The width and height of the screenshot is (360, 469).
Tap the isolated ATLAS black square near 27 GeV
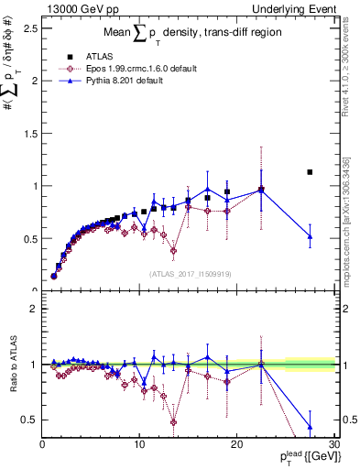(x=310, y=172)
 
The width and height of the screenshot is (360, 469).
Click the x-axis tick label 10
(x=139, y=444)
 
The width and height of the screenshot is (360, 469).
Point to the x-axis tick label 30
(x=333, y=444)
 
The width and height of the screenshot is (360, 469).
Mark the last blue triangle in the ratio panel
(x=310, y=427)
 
